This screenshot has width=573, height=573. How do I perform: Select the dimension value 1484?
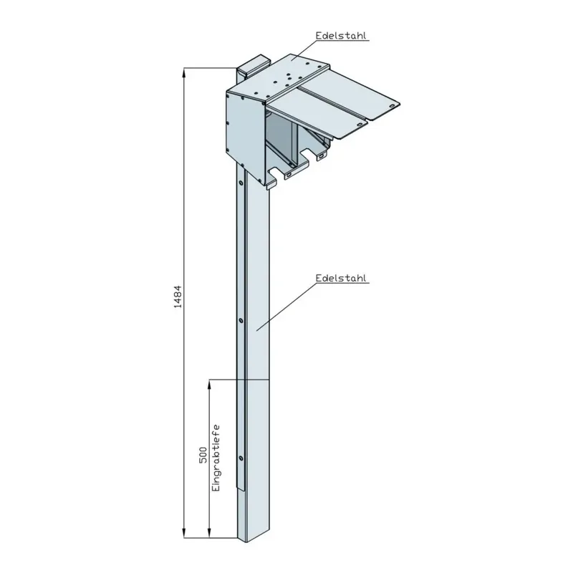point(178,299)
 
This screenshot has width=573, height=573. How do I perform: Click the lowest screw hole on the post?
point(241,458)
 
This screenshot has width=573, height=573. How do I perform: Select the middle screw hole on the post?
point(241,320)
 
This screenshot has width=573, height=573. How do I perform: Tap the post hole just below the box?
point(241,183)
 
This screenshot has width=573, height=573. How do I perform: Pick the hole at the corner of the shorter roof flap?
point(355,124)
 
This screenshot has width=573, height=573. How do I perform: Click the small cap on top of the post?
point(254,65)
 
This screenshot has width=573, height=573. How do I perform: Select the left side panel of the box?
point(242,129)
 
